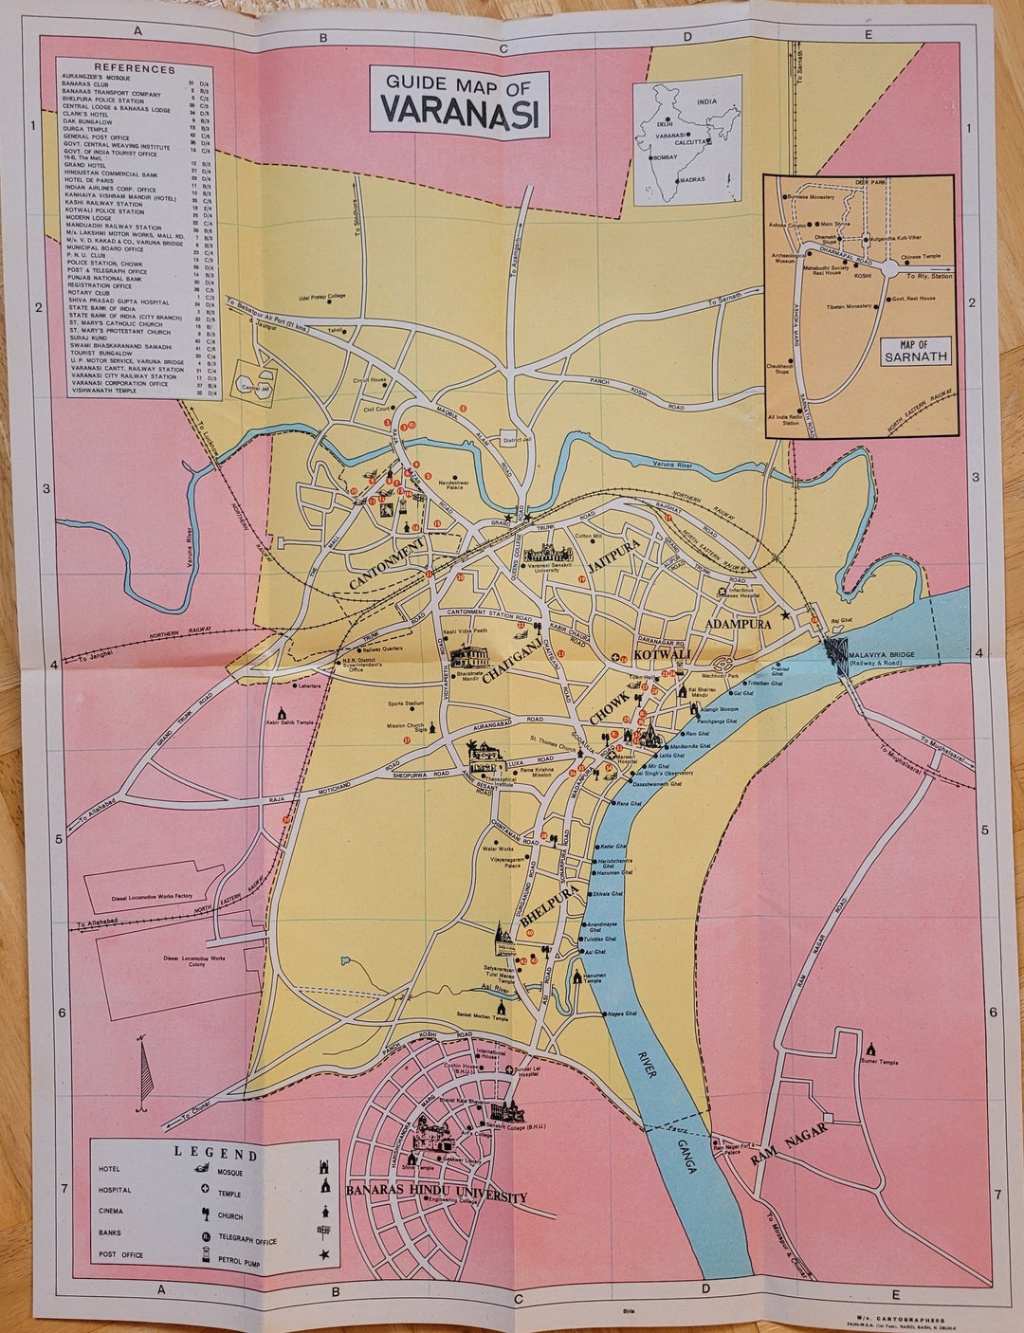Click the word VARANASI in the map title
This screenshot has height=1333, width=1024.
[x=461, y=112]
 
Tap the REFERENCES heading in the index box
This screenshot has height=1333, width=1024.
[x=134, y=68]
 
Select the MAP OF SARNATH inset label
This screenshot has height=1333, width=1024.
[x=916, y=351]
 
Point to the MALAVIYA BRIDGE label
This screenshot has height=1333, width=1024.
[x=888, y=655]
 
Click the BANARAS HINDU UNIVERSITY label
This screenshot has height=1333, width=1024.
[x=436, y=1191]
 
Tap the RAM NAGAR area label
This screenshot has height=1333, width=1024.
[x=789, y=1144]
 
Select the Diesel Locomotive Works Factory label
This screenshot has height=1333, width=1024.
[x=151, y=895]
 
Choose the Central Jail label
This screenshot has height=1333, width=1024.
[x=250, y=387]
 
